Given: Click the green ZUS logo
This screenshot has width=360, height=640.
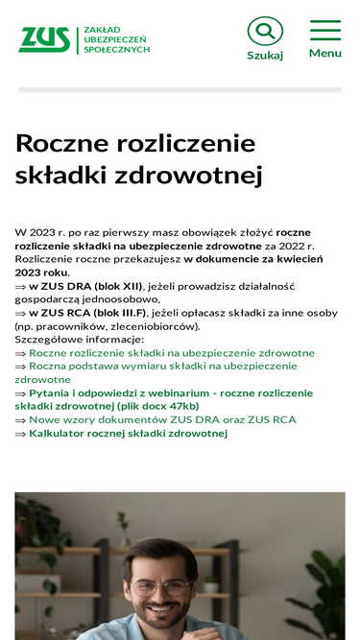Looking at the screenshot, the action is (x=44, y=39).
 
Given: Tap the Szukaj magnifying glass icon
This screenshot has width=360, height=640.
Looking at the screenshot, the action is (x=265, y=32).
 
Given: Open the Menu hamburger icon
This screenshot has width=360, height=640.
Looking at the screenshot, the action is (x=325, y=30).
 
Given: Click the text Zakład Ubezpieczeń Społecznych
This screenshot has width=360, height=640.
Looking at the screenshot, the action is (x=116, y=39).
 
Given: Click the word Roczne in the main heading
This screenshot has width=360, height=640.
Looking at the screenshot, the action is (x=62, y=144).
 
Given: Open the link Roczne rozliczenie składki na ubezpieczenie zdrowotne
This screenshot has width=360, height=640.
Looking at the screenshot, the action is (x=172, y=353).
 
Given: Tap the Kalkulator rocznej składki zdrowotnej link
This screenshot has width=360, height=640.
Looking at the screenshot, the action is (x=128, y=434).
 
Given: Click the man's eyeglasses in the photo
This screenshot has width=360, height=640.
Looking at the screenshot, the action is (x=161, y=586).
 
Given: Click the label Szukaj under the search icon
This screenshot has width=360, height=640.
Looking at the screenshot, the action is (x=265, y=56).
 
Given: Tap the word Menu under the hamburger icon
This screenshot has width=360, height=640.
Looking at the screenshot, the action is (x=325, y=54).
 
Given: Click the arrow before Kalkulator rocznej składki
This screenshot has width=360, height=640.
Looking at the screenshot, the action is (x=20, y=434).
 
